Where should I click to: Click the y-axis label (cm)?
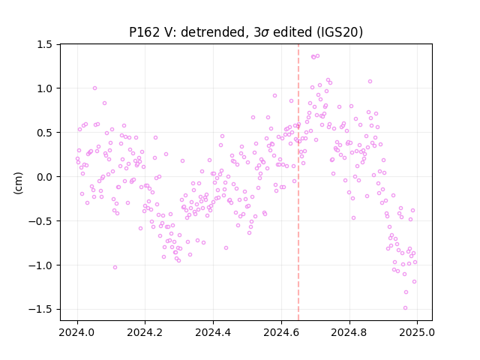tap(18, 183)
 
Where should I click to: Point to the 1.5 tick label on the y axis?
tap(45, 44)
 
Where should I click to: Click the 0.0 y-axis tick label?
tap(45, 177)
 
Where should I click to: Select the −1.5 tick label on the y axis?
tap(40, 310)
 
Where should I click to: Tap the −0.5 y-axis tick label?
tap(40, 221)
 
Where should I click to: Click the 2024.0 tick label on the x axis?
tap(77, 332)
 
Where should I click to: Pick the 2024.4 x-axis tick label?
tap(213, 332)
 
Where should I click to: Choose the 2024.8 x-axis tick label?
tap(349, 332)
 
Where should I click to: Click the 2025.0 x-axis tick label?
tap(417, 332)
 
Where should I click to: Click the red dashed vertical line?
tap(298, 182)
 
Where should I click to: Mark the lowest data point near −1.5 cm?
tap(405, 308)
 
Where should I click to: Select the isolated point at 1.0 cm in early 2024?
tap(95, 88)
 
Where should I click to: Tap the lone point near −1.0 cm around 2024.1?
tap(115, 267)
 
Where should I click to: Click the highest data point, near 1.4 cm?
tap(317, 55)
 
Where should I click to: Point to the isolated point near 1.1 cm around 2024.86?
tap(370, 82)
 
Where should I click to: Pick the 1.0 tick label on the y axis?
tap(45, 88)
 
